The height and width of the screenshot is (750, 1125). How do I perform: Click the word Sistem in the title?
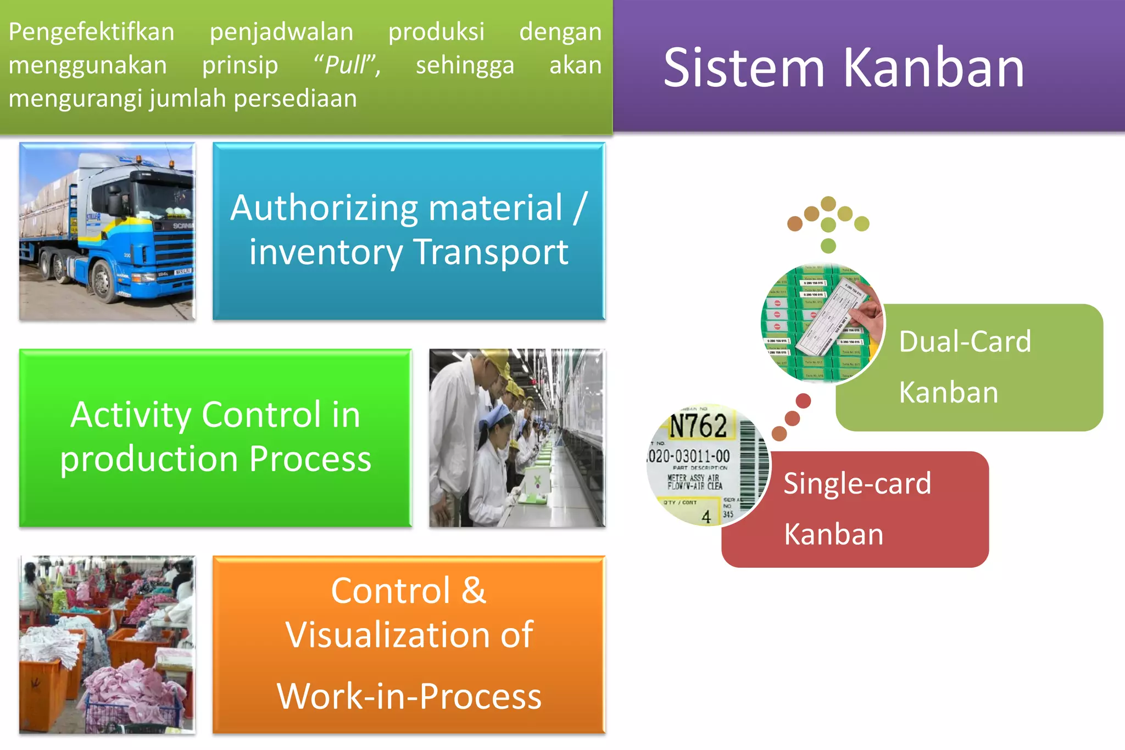(x=744, y=69)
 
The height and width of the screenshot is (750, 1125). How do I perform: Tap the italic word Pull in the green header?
(x=345, y=65)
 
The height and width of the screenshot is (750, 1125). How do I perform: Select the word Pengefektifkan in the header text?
(x=91, y=32)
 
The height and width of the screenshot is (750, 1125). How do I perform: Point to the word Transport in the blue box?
(x=490, y=253)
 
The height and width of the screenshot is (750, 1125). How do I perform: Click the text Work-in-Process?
(x=409, y=696)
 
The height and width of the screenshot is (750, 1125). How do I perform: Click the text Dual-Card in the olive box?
(x=965, y=342)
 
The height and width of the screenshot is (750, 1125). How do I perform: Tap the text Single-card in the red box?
(x=857, y=484)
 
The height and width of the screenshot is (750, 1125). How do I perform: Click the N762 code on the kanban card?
(x=698, y=426)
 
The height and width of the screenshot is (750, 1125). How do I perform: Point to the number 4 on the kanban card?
(x=706, y=517)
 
